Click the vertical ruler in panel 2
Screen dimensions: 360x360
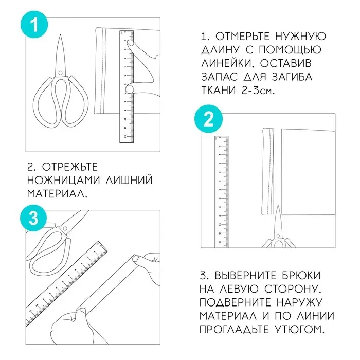click(221, 190)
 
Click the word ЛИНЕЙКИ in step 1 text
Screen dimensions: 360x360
click(224, 63)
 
